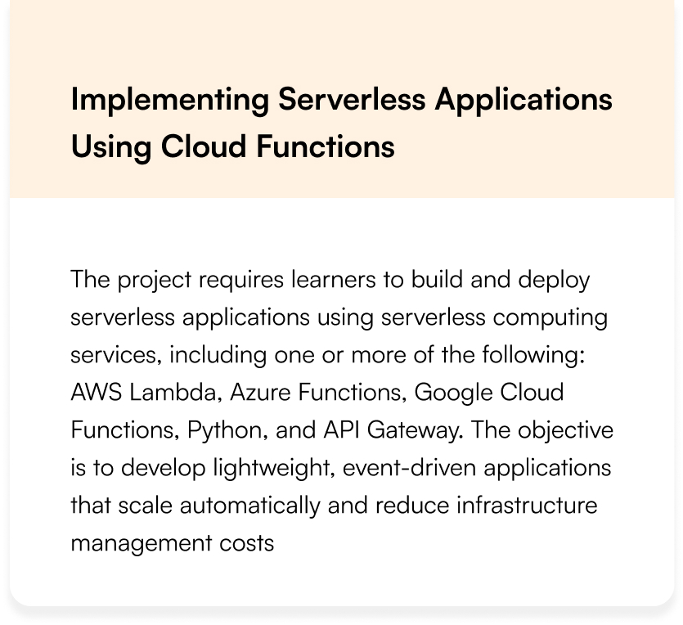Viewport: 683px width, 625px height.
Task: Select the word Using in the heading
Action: (111, 147)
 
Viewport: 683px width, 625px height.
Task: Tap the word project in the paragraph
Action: (155, 280)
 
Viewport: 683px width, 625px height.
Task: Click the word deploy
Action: (554, 280)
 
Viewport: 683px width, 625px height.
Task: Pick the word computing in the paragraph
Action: (550, 318)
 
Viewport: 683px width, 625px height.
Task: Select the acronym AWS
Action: (97, 392)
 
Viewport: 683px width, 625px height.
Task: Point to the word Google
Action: (453, 393)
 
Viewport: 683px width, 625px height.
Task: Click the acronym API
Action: (342, 429)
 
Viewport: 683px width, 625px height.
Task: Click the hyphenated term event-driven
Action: (410, 467)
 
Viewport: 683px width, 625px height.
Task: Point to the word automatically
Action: (249, 506)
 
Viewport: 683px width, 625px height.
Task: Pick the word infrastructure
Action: (527, 506)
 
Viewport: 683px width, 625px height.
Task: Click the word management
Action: (142, 544)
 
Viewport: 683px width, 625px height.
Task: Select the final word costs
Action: (246, 543)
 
